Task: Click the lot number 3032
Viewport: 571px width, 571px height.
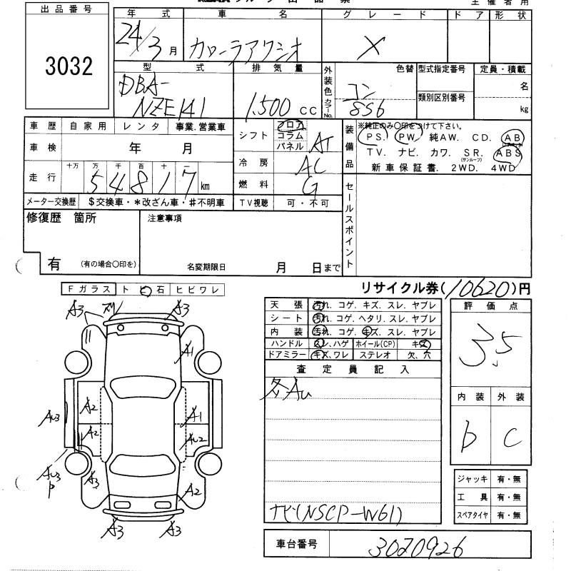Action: point(69,67)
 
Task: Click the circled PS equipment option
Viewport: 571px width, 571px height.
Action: point(373,137)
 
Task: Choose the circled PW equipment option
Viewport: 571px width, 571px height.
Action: point(408,137)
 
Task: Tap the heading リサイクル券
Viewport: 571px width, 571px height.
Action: point(400,288)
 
